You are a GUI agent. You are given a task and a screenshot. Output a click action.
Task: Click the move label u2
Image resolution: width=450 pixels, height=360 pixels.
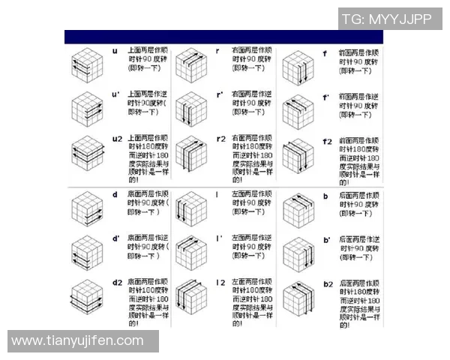[x=117, y=139]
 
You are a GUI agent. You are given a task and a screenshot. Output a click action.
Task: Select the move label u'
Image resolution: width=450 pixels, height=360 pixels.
[x=115, y=95]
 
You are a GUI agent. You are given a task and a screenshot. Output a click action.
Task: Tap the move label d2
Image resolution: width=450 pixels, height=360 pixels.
[x=117, y=283]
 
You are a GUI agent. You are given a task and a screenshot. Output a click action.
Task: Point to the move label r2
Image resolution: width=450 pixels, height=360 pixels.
[x=221, y=139]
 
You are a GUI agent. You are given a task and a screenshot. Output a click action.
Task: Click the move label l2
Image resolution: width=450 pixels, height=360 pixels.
[x=221, y=283]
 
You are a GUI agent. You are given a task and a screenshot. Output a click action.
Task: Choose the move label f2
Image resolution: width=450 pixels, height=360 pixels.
[x=327, y=141]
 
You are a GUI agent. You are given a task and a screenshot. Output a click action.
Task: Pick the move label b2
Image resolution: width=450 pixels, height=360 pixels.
[x=328, y=284]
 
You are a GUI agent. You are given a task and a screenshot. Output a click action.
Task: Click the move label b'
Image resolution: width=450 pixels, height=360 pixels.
[x=326, y=241]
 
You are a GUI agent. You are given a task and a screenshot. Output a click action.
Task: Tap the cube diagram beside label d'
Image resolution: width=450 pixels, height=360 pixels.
[x=87, y=253]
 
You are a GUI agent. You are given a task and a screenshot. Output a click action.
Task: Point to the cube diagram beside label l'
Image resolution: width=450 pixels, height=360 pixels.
[x=191, y=253]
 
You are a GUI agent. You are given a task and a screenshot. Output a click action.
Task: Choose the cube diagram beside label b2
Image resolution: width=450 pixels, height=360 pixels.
[x=297, y=300]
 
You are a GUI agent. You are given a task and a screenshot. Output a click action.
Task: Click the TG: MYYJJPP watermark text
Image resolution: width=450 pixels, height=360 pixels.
[x=387, y=19]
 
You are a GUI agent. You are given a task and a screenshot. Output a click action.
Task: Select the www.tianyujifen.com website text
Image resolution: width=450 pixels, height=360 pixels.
[x=77, y=340]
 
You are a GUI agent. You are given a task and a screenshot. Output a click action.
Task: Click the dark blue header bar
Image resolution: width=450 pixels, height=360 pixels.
[x=223, y=37]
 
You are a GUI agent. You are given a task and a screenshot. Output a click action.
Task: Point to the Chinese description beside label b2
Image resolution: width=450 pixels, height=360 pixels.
[x=361, y=301]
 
